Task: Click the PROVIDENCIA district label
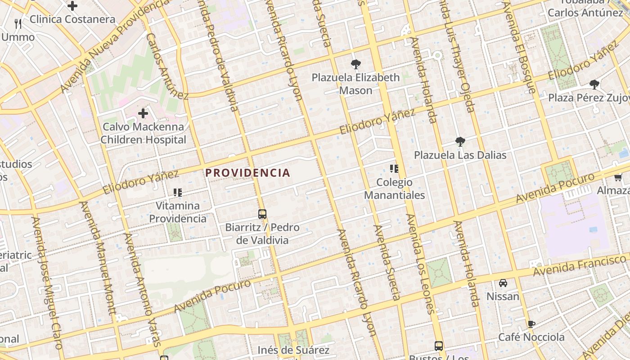[248, 173]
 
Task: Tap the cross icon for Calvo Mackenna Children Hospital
[143, 113]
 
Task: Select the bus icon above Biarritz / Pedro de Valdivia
[262, 214]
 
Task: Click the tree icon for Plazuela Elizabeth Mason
[355, 64]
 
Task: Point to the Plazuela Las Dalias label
[460, 155]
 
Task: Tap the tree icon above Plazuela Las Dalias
[460, 142]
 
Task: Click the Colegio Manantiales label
[394, 189]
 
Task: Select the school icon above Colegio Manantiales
[394, 169]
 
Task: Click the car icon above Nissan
[503, 283]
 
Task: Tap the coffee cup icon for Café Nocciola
[531, 324]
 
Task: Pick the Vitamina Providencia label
[178, 212]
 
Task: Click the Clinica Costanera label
[72, 19]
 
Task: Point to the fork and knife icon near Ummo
[18, 23]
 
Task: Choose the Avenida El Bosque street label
[520, 47]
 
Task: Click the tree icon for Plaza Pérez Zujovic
[594, 84]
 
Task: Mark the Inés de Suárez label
[293, 350]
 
